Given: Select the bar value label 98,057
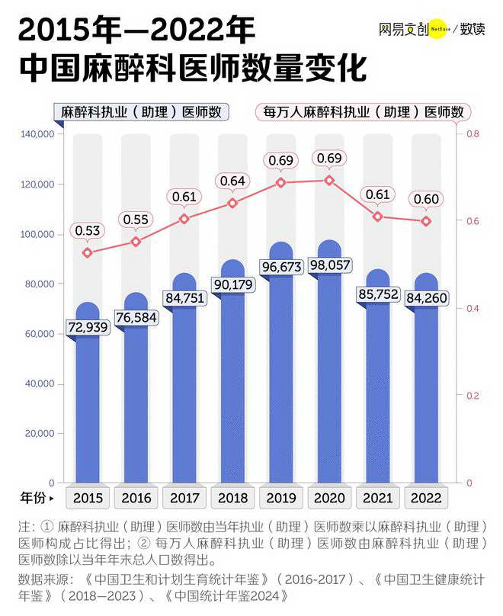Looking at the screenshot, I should pos(329,265).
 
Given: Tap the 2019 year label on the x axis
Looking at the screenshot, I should pos(281,498).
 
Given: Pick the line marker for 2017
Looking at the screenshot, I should pos(184,219).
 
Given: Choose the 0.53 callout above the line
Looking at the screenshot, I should pos(88,230).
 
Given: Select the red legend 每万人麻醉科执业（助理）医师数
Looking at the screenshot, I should pos(363,112).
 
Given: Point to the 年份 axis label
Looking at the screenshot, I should pos(34,498).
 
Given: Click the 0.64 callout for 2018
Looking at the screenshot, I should pos(232,181).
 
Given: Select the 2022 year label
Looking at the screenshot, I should pos(426,498).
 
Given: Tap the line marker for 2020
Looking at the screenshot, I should pos(329,181).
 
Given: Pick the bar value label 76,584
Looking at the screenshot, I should pos(136,316).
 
